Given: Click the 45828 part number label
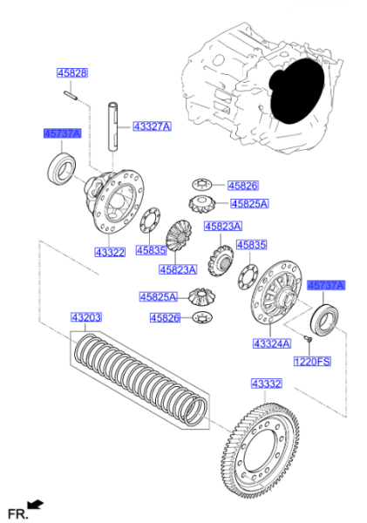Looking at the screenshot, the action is pyautogui.click(x=72, y=73).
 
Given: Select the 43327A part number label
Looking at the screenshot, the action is pyautogui.click(x=153, y=126).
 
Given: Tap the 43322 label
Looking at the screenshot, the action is pyautogui.click(x=110, y=252).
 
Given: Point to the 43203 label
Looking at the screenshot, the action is pyautogui.click(x=86, y=317).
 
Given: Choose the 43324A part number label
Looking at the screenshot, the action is pyautogui.click(x=272, y=343).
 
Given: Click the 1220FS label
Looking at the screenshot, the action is pyautogui.click(x=312, y=361).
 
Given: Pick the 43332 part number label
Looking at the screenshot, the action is pyautogui.click(x=267, y=384).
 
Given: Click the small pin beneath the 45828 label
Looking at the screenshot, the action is pyautogui.click(x=71, y=95).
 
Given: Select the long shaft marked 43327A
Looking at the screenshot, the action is pyautogui.click(x=113, y=126).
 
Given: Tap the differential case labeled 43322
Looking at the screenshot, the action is pyautogui.click(x=114, y=201).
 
